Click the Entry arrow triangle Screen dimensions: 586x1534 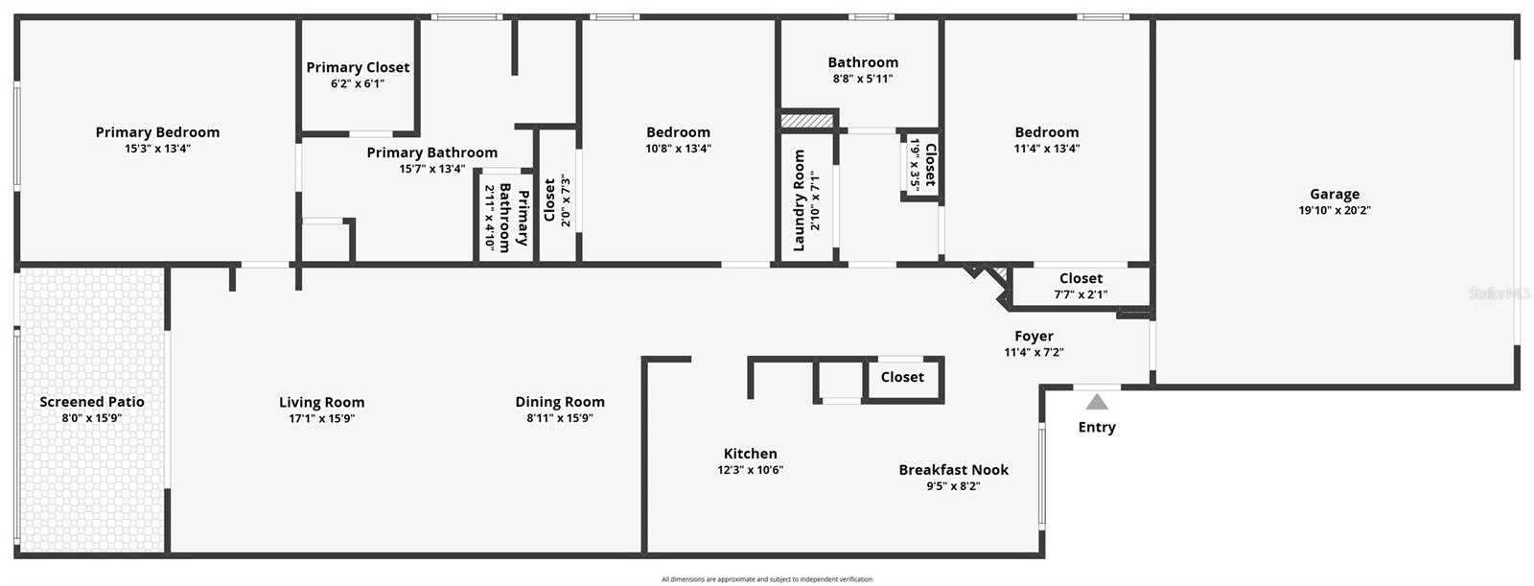click(x=1097, y=402)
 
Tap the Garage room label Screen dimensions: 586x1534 click(x=1335, y=194)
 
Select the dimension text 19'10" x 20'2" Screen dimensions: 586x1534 click(x=1335, y=210)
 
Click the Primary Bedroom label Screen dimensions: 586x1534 click(x=157, y=132)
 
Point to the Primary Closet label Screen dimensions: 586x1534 click(x=358, y=67)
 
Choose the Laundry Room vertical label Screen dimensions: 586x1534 click(x=800, y=200)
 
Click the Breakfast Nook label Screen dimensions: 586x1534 click(x=953, y=470)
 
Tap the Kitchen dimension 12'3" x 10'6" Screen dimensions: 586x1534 click(x=751, y=470)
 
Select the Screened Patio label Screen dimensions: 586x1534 click(x=92, y=402)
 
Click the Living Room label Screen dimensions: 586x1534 click(x=322, y=403)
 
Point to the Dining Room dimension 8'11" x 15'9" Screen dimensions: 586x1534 click(x=560, y=418)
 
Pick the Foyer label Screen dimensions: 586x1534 click(x=1034, y=336)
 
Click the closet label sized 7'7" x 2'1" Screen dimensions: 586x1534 click(x=1081, y=278)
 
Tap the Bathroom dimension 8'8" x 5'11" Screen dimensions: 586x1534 click(x=863, y=79)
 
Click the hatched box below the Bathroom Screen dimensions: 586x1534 click(x=808, y=121)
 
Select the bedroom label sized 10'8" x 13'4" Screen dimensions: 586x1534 click(x=678, y=132)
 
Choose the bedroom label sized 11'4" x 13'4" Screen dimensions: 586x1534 click(x=1047, y=132)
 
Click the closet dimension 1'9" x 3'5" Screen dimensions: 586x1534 click(x=916, y=165)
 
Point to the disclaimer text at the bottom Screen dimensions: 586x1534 click(x=767, y=579)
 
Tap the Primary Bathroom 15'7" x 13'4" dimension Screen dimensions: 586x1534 click(x=432, y=169)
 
